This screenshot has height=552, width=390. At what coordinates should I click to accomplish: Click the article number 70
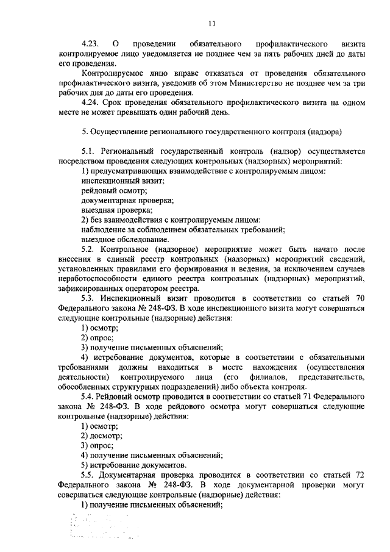pyautogui.click(x=359, y=298)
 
